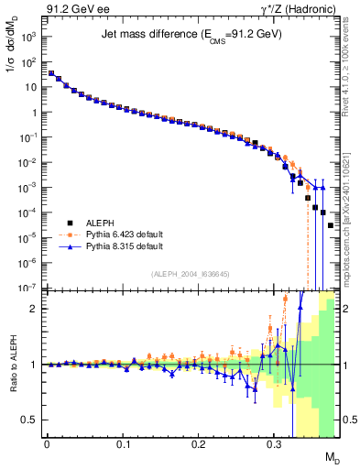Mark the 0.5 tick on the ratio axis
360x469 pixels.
point(29,420)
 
